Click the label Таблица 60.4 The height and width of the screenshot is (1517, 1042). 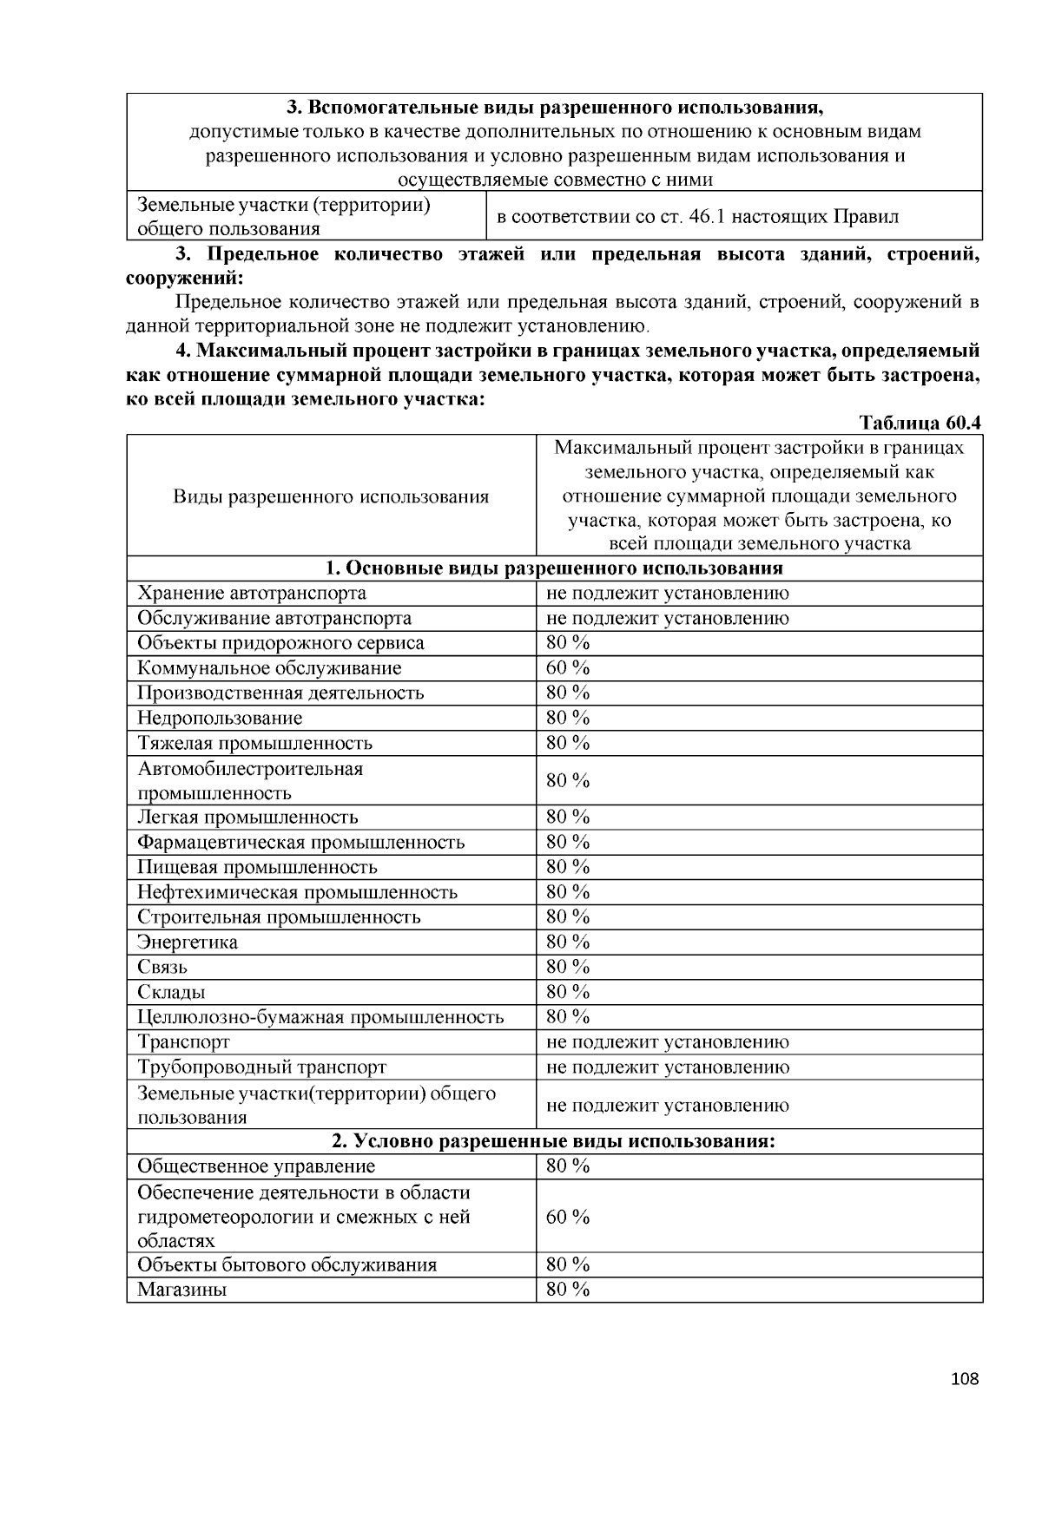(920, 423)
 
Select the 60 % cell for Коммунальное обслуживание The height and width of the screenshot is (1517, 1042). (568, 667)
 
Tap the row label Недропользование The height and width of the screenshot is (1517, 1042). (220, 718)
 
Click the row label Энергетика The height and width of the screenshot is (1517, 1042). (188, 942)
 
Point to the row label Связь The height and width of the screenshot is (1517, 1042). (162, 967)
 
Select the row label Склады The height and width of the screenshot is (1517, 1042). (171, 992)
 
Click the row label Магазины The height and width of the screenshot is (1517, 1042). (182, 1290)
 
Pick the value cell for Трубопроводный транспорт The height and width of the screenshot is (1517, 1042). (667, 1067)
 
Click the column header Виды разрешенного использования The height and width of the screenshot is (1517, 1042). (331, 496)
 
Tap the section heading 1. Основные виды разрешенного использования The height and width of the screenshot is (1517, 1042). (554, 568)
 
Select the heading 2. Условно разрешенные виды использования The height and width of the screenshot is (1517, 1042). (554, 1140)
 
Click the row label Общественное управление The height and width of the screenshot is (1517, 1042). (256, 1166)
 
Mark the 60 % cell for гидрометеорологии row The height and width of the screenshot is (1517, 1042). (568, 1216)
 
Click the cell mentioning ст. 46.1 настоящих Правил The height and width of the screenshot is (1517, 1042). (697, 216)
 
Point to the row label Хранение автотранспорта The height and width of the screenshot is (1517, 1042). (252, 593)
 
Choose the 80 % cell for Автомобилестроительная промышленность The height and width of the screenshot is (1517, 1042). (568, 780)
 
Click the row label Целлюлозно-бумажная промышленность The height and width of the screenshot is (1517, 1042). (320, 1017)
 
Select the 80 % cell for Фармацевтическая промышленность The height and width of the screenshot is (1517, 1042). (568, 842)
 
